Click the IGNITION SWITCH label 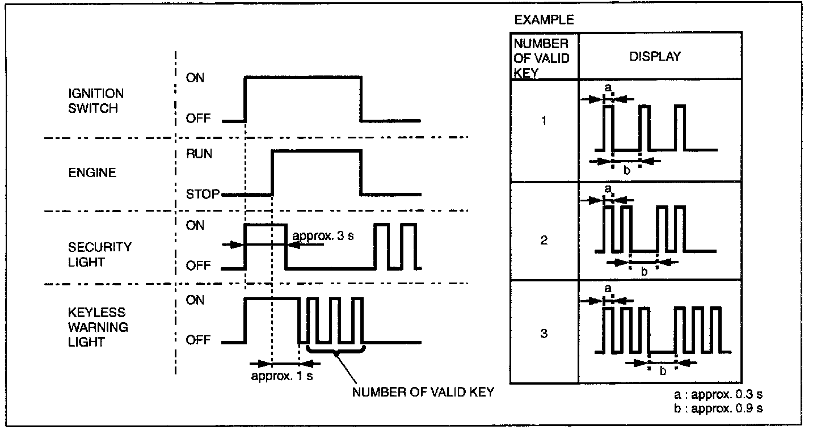[x=96, y=100]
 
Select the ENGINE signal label [x=92, y=172]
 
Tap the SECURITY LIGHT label [x=99, y=255]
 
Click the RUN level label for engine [x=199, y=154]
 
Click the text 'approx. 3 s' [x=322, y=235]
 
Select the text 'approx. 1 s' [x=282, y=376]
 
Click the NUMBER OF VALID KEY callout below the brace [x=423, y=393]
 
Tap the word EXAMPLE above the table [x=544, y=20]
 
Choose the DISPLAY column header [x=655, y=57]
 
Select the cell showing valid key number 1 [x=544, y=120]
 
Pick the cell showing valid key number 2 [x=544, y=240]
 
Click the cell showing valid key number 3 [x=544, y=333]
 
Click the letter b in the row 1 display [x=626, y=170]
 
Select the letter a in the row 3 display [x=608, y=288]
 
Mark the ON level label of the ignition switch [x=195, y=78]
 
